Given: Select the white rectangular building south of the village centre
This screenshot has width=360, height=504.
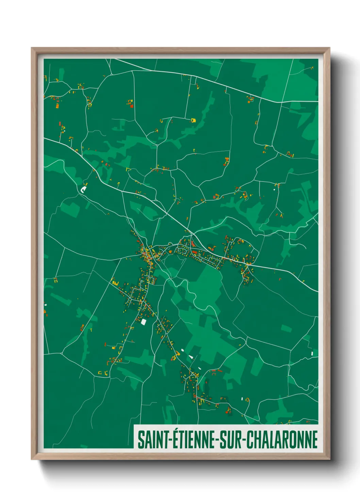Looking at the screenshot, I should tap(143, 321).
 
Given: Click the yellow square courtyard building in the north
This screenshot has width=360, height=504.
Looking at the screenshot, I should tap(193, 120).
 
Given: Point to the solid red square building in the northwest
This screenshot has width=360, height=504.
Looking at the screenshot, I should tap(132, 106).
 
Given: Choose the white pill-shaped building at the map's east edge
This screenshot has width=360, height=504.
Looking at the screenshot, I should tap(312, 353).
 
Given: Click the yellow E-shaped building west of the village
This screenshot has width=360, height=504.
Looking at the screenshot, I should tap(114, 282).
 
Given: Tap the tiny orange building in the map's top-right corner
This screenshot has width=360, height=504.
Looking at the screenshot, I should tap(312, 68).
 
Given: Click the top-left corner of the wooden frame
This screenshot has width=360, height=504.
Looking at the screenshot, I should tap(32, 48).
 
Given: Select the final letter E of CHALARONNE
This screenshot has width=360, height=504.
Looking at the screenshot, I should tap(315, 440).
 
